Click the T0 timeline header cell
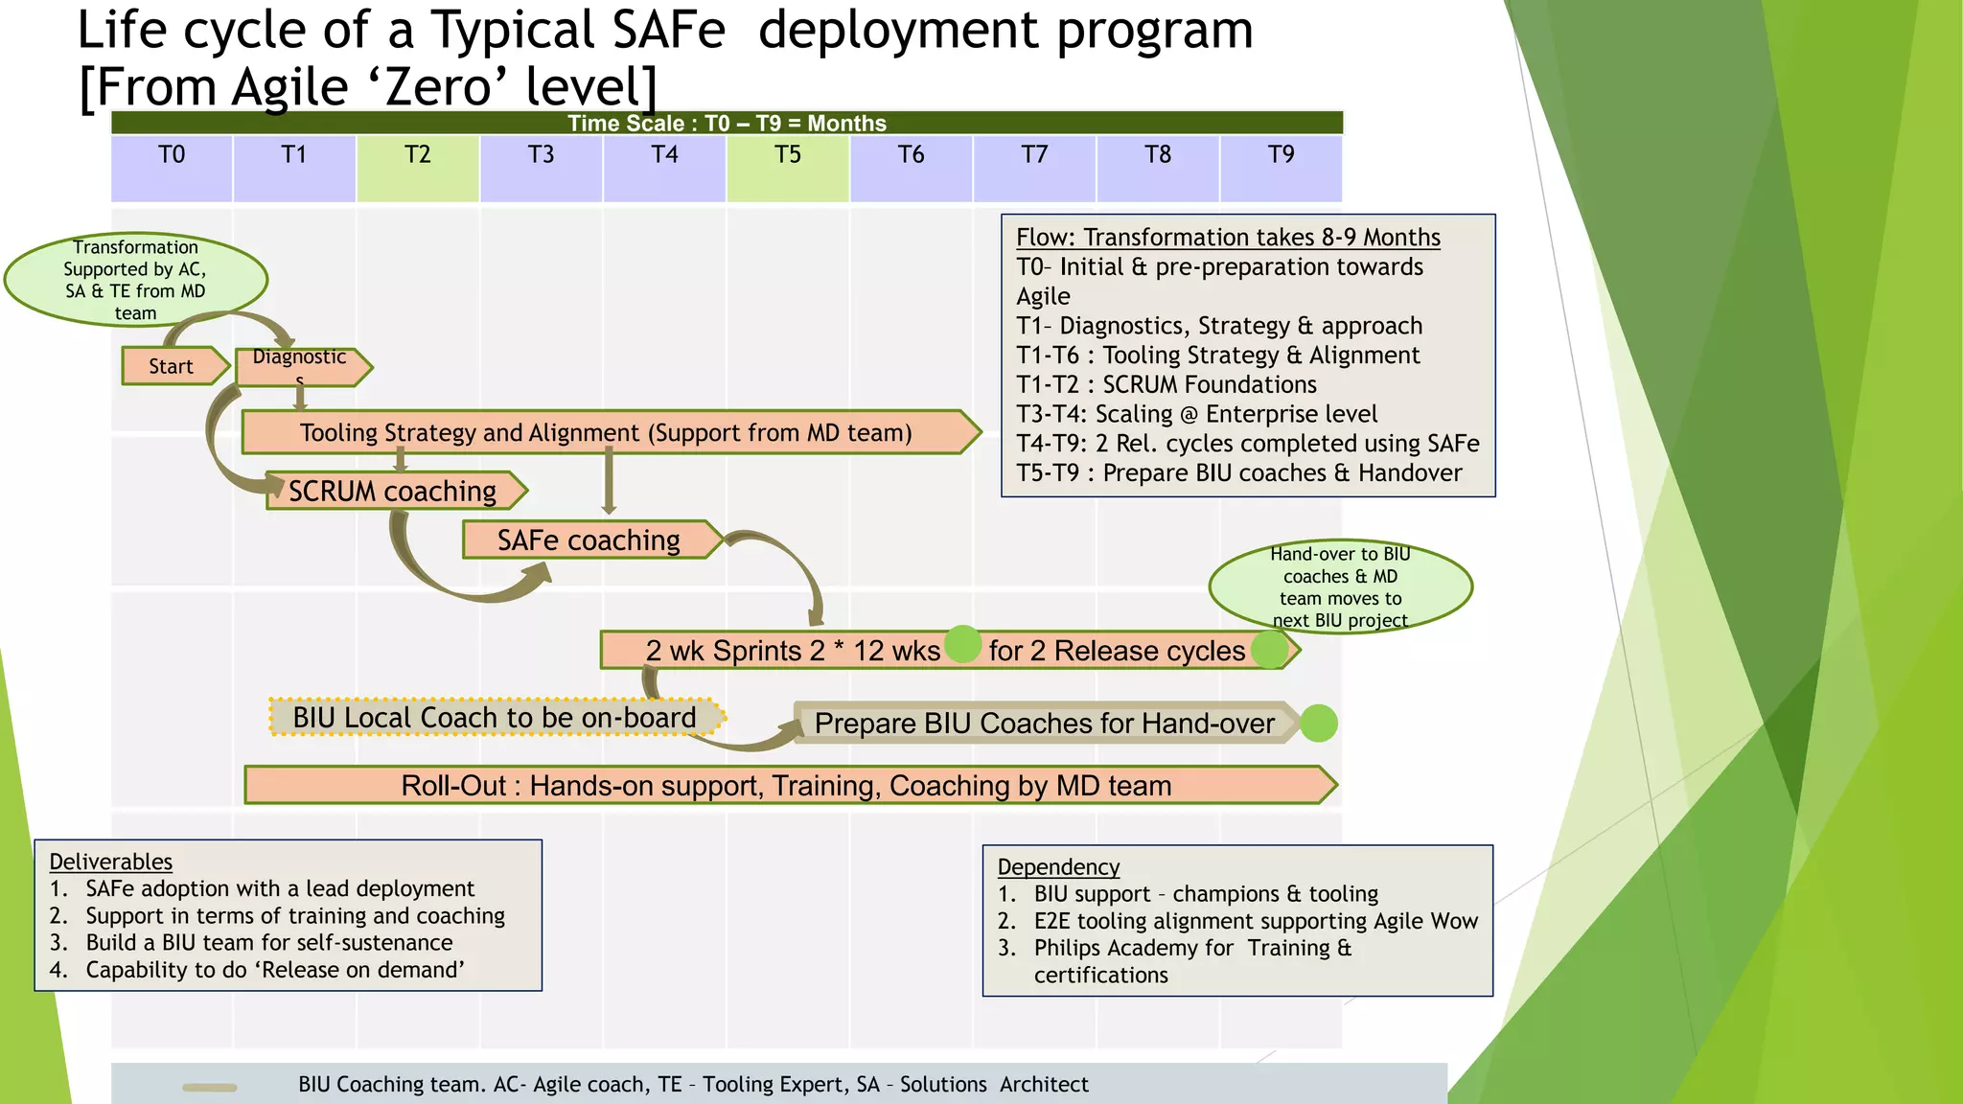click(172, 168)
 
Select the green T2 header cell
click(418, 168)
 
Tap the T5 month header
click(788, 168)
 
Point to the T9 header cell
click(1281, 168)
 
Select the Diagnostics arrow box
click(300, 366)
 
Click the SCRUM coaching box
click(393, 491)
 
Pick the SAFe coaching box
click(589, 540)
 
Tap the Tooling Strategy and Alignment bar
click(606, 432)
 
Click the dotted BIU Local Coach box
click(495, 717)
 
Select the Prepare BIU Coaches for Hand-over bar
click(1044, 724)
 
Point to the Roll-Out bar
click(786, 785)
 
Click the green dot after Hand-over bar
click(1319, 724)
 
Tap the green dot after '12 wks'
click(963, 645)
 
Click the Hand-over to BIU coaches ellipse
click(1340, 586)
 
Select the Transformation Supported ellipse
click(135, 279)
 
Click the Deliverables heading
click(111, 862)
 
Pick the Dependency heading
click(1058, 866)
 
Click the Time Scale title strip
click(727, 123)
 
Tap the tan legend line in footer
click(210, 1087)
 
